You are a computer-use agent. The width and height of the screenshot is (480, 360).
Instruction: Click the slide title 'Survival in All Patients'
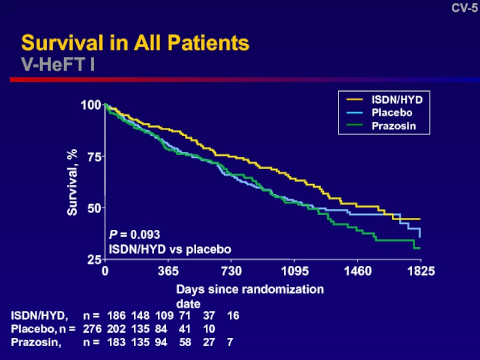(135, 43)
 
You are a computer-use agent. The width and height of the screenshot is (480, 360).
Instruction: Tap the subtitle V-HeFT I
(58, 64)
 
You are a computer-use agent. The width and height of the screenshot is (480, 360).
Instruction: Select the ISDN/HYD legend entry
(392, 99)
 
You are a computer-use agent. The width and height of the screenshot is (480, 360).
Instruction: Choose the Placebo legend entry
(392, 112)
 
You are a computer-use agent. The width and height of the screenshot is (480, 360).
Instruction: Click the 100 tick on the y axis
(91, 105)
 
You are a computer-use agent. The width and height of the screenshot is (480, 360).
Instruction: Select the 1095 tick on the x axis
(294, 271)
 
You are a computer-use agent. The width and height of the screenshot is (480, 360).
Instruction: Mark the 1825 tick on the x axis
(420, 271)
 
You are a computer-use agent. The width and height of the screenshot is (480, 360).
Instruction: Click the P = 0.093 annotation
(134, 235)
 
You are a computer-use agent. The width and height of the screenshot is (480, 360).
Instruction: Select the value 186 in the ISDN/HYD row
(116, 315)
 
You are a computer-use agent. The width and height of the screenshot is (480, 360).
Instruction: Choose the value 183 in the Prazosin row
(116, 343)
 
